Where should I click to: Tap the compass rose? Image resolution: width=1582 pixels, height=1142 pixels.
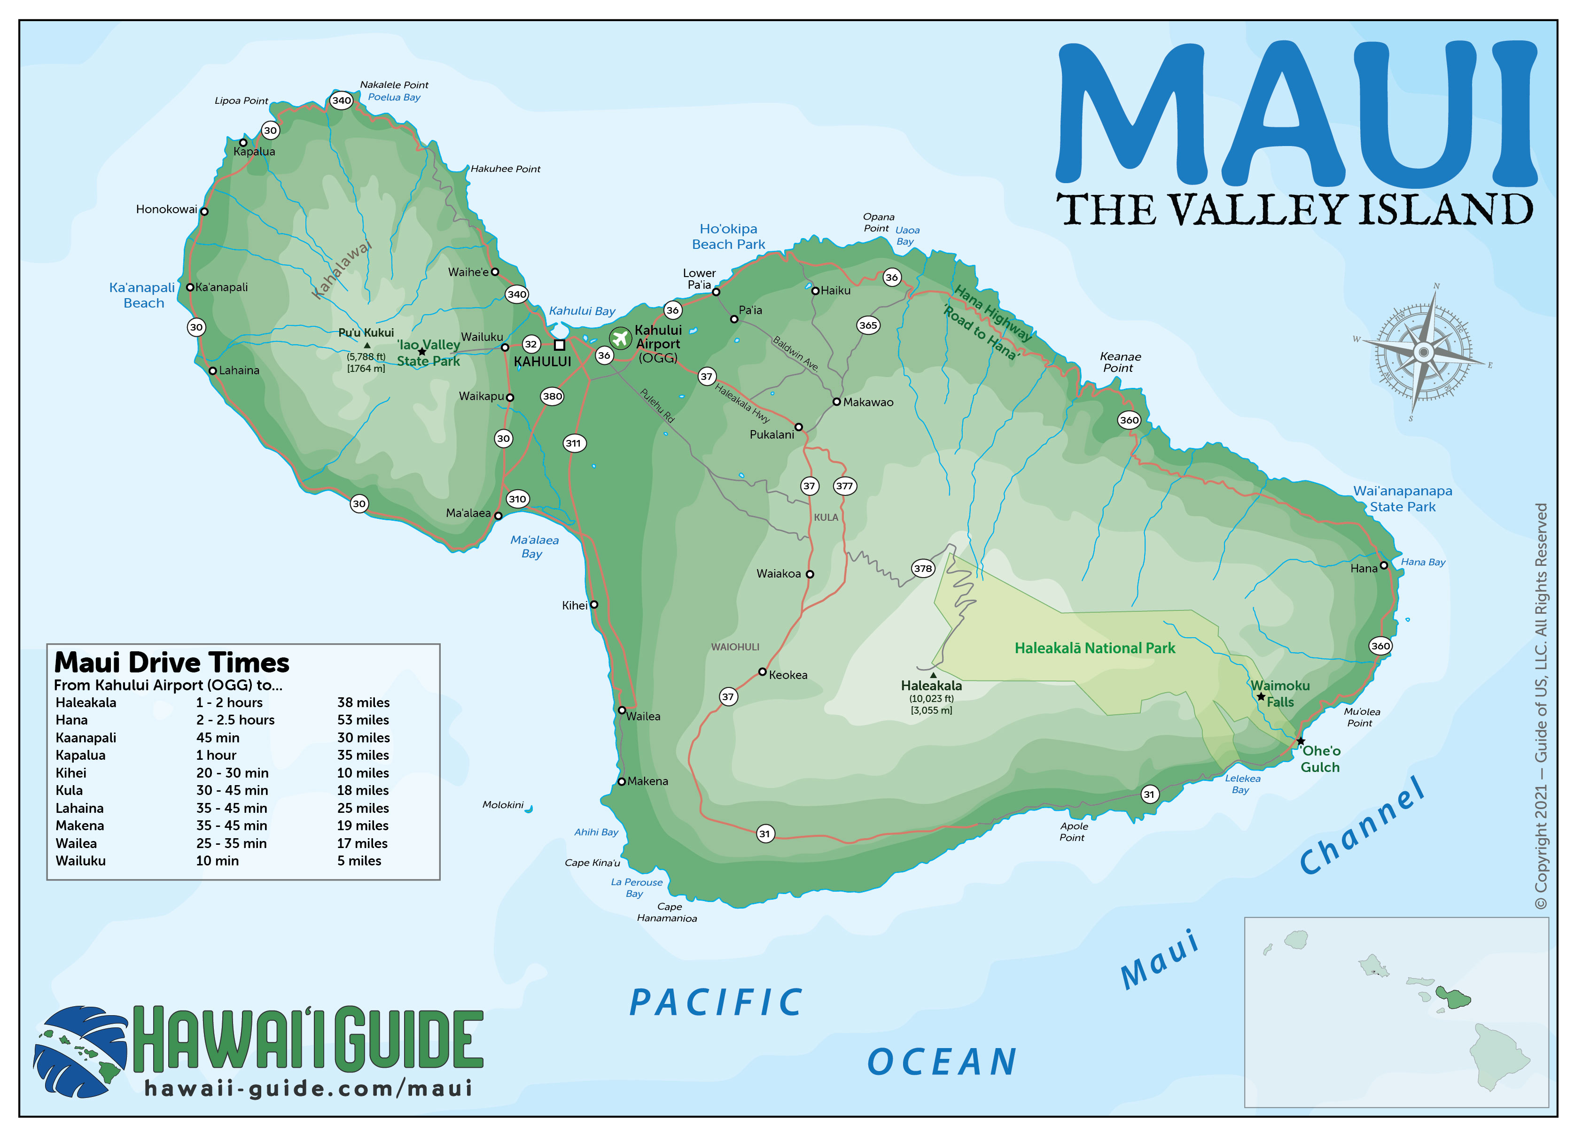[1423, 352]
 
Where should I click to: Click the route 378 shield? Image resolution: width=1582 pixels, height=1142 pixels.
[923, 568]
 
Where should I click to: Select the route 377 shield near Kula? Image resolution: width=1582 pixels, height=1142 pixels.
[844, 486]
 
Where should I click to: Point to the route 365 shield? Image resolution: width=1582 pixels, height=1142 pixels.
[868, 325]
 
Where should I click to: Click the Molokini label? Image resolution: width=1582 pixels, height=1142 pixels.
[502, 804]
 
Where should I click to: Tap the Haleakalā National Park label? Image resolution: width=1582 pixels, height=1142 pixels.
[1094, 648]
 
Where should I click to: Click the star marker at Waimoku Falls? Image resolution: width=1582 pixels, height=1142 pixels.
[1261, 696]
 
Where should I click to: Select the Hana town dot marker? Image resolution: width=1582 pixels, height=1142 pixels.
[1384, 565]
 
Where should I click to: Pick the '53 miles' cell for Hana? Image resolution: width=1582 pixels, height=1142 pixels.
[363, 719]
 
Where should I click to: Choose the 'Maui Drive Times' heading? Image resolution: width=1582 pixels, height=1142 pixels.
[171, 662]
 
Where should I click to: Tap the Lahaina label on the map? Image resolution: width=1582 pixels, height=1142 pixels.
[239, 370]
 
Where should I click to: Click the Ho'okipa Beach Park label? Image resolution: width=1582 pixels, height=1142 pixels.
[728, 236]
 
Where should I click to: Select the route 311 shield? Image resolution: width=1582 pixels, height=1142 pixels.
[573, 443]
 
